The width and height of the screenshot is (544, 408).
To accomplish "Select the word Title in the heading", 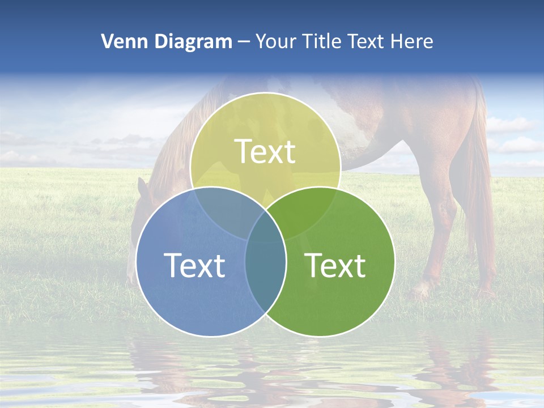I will pyautogui.click(x=321, y=41).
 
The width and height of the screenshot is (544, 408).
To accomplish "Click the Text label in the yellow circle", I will pyautogui.click(x=265, y=151).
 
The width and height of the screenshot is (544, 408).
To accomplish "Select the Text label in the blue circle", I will pyautogui.click(x=194, y=265).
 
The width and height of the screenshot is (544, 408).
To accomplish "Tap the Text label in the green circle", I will pyautogui.click(x=335, y=265).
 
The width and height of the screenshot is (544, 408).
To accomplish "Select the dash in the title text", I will pyautogui.click(x=244, y=42).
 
